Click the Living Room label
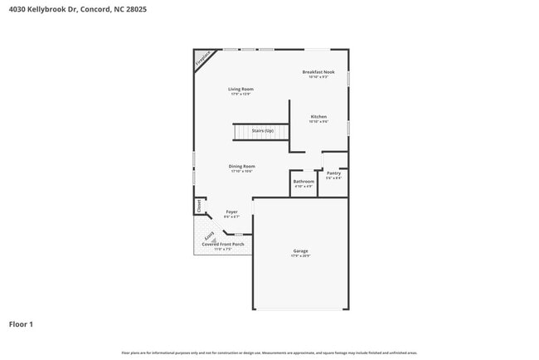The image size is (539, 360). click(x=240, y=89)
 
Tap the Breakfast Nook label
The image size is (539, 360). click(x=319, y=72)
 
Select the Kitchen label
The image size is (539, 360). click(x=318, y=116)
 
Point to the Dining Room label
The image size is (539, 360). click(x=241, y=166)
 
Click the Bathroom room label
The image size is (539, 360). click(x=303, y=181)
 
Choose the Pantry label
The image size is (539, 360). click(x=333, y=173)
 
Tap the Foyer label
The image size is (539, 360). click(x=231, y=212)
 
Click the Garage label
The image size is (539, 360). click(x=299, y=251)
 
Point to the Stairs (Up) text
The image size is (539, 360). click(x=263, y=130)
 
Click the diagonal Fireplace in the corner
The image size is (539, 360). click(x=202, y=60)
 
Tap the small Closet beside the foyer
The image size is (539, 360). click(x=199, y=204)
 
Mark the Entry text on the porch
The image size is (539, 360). click(x=209, y=237)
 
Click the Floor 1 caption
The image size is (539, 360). click(x=21, y=324)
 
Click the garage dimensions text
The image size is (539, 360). click(x=299, y=255)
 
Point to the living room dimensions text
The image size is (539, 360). click(x=240, y=94)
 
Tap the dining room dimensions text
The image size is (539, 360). click(x=241, y=171)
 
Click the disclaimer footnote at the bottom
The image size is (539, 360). click(x=269, y=353)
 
